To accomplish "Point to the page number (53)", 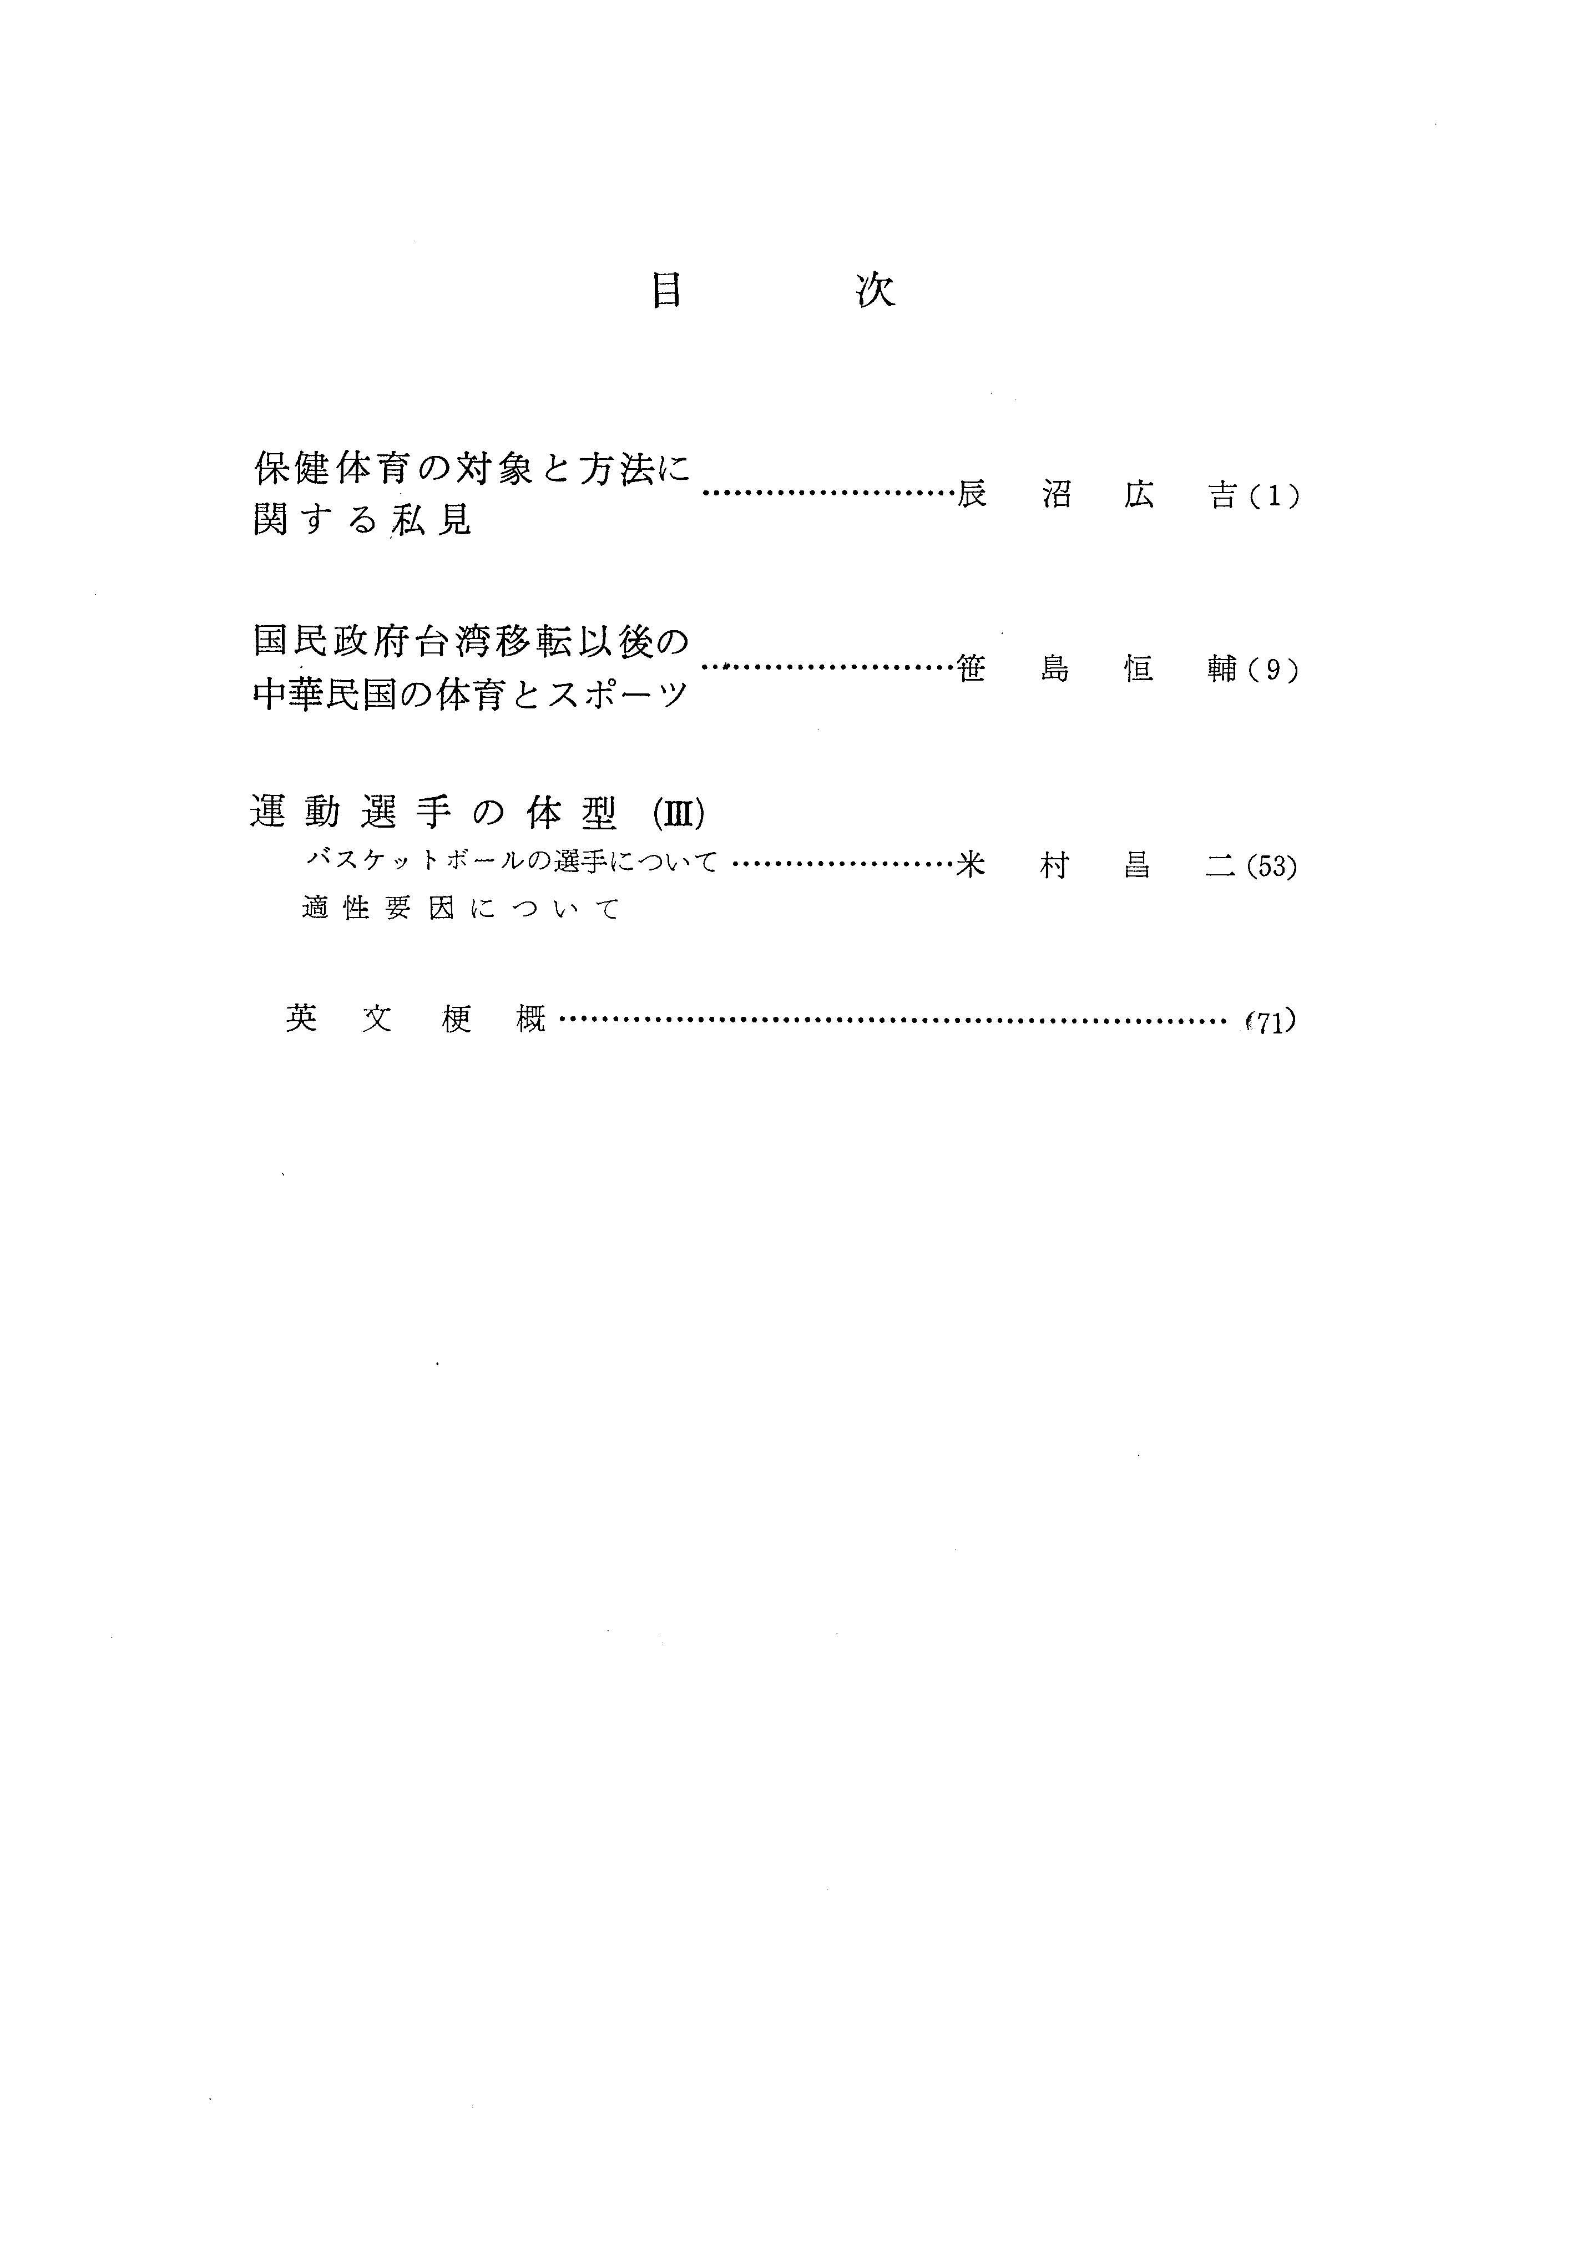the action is point(1271,867).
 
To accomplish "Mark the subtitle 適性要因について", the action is point(462,909).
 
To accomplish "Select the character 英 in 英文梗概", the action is point(302,1019).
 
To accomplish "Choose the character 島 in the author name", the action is point(1055,670).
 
